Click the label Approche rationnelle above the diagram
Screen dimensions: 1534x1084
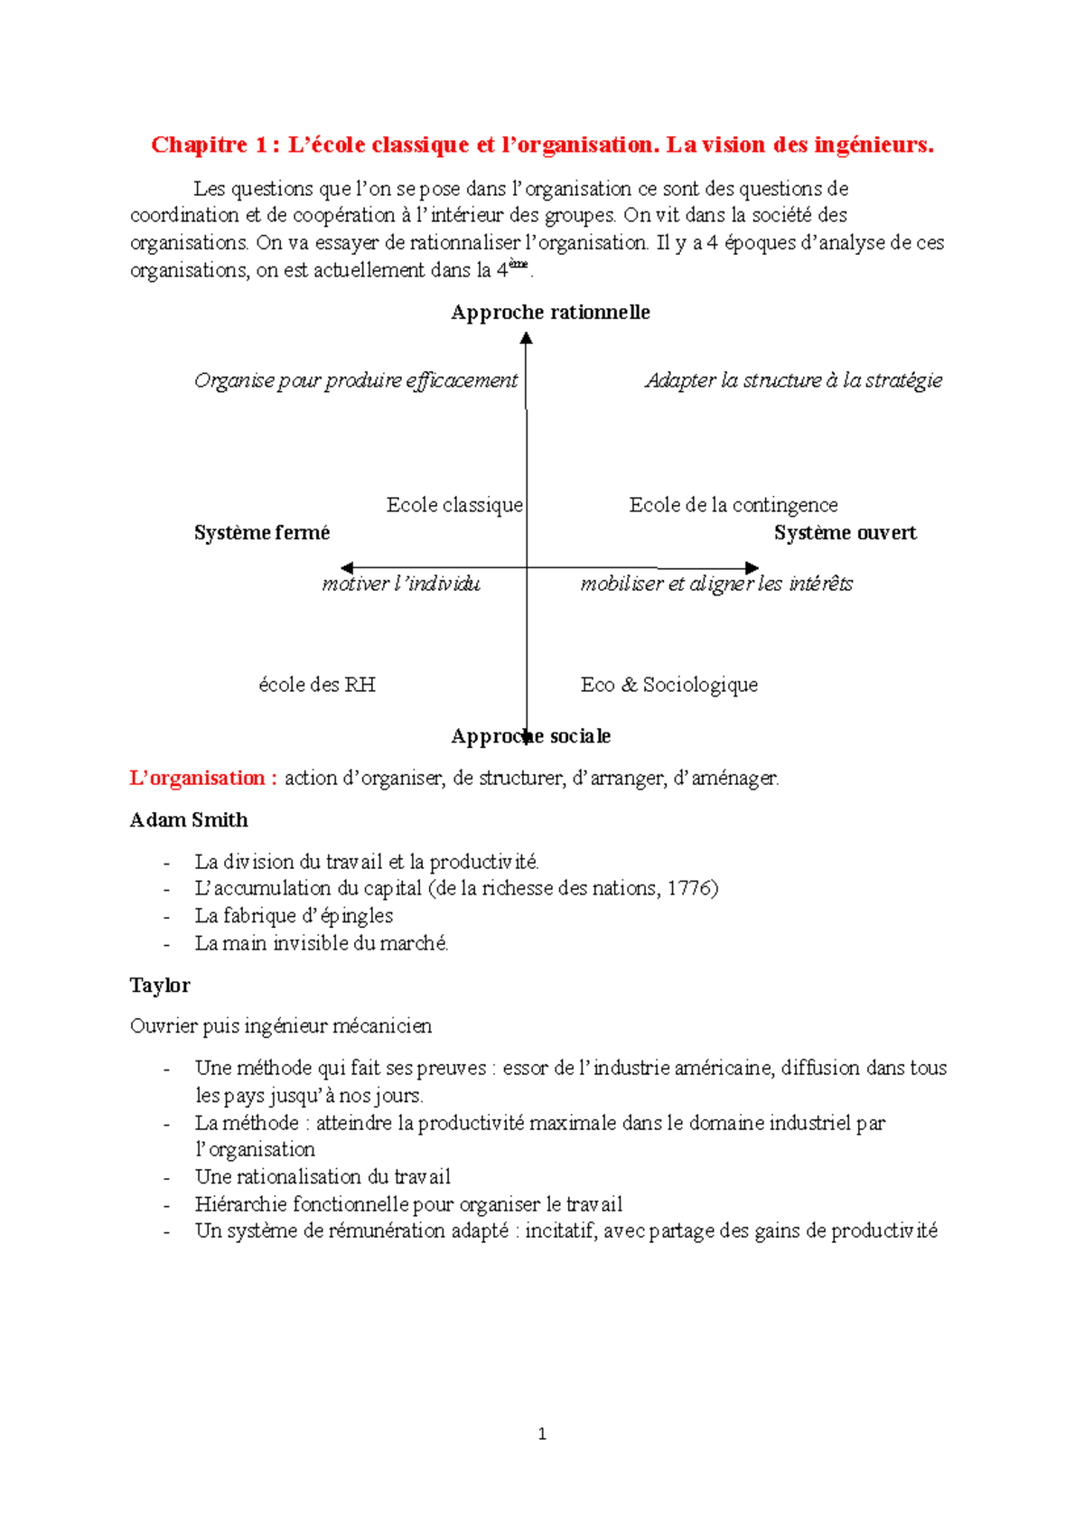[x=550, y=313]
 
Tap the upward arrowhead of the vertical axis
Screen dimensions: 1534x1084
[x=526, y=338]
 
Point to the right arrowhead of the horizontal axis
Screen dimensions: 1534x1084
[x=752, y=568]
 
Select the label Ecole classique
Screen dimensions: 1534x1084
[x=454, y=505]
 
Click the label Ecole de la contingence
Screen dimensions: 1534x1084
[x=733, y=505]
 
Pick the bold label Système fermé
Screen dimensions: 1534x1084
[x=262, y=533]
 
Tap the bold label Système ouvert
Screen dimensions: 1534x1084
[x=845, y=533]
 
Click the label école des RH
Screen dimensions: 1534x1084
[x=316, y=685]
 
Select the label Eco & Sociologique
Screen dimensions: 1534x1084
[x=668, y=685]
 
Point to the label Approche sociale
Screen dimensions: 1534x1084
[x=531, y=736]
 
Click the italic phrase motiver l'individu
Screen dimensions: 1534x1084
[x=401, y=584]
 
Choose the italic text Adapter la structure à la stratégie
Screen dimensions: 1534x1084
[x=793, y=380]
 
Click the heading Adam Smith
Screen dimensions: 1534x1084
[x=189, y=820]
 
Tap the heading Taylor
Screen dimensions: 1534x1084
[x=160, y=986]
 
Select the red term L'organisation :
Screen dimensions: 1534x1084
[x=203, y=778]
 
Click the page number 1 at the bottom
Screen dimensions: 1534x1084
[x=541, y=1434]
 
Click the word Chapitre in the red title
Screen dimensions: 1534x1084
[x=199, y=145]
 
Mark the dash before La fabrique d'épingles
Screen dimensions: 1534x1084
[x=167, y=917]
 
